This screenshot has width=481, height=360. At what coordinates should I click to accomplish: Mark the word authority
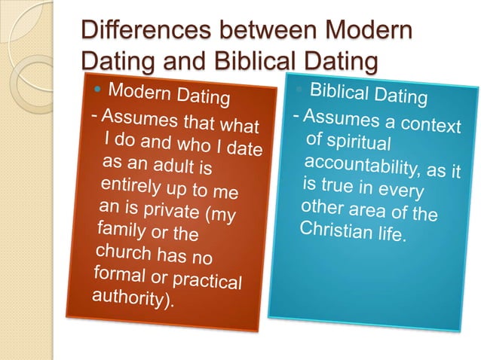pyautogui.click(x=129, y=300)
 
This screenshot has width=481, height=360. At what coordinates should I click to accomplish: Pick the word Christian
pyautogui.click(x=334, y=228)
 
